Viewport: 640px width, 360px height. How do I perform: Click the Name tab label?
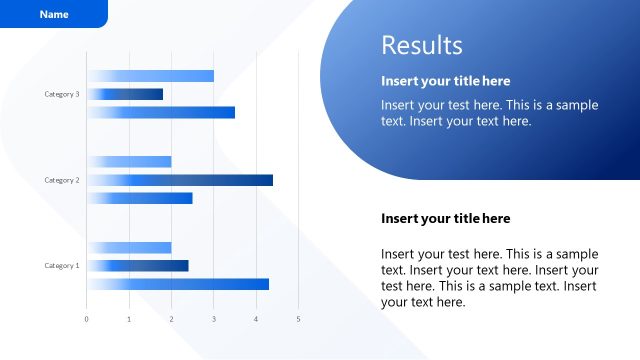click(54, 15)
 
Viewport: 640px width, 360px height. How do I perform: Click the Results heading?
click(422, 45)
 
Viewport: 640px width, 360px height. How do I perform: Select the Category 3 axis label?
click(62, 94)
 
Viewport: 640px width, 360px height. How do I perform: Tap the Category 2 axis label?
click(62, 180)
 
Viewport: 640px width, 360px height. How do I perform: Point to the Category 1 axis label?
click(62, 266)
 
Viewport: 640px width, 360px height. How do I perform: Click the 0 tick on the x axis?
click(86, 319)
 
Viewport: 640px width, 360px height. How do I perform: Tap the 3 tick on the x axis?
click(214, 319)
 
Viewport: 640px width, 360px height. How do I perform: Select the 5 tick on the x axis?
click(298, 319)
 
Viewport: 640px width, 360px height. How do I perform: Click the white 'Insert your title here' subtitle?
click(446, 81)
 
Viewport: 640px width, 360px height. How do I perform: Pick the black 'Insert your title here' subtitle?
click(446, 218)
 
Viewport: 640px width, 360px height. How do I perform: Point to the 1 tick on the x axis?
click(129, 319)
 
